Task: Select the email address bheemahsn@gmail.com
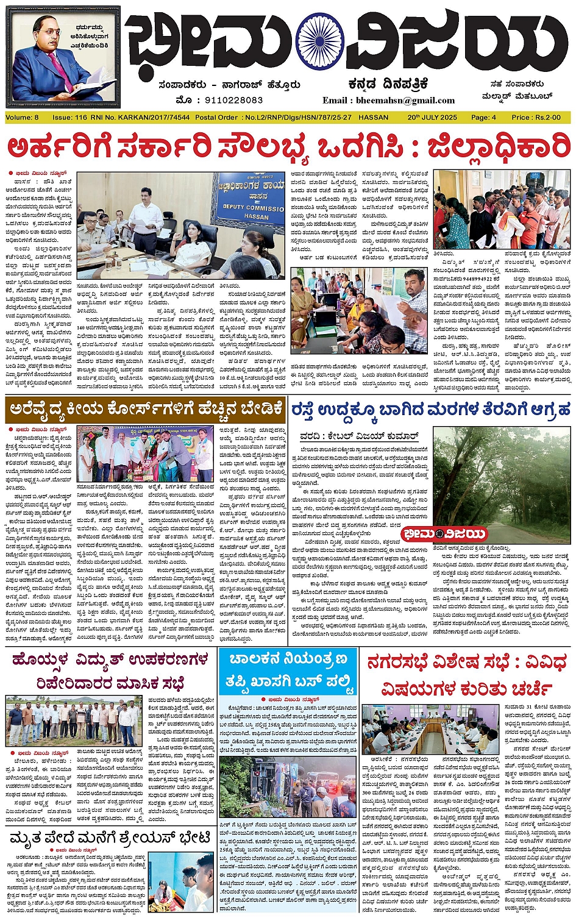389,100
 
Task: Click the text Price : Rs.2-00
536,117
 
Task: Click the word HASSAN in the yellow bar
374,117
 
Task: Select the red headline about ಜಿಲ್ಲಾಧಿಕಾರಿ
288,148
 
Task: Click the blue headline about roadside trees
430,409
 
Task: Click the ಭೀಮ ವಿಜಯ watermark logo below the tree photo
444,534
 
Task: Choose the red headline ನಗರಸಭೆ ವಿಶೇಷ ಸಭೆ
466,674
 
